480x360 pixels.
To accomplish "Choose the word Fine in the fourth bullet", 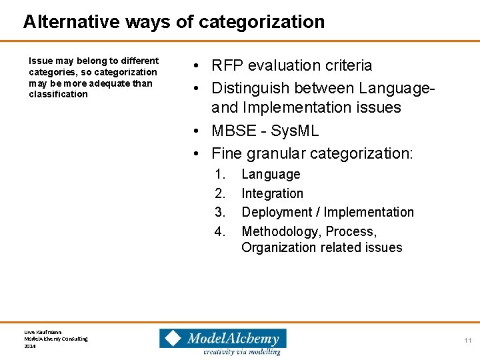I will coord(227,153).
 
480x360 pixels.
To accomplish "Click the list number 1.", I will coord(219,175).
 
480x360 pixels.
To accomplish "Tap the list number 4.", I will coord(219,232).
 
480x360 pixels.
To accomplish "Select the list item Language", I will coord(271,175).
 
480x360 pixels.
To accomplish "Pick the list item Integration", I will coord(272,194).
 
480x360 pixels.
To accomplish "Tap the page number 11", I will coord(468,341).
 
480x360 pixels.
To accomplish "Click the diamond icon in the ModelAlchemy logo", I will coord(173,338).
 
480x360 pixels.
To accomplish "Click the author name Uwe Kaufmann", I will coord(43,331).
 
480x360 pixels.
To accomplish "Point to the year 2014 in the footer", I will coord(29,346).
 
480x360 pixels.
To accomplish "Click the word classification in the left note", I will coord(59,95).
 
